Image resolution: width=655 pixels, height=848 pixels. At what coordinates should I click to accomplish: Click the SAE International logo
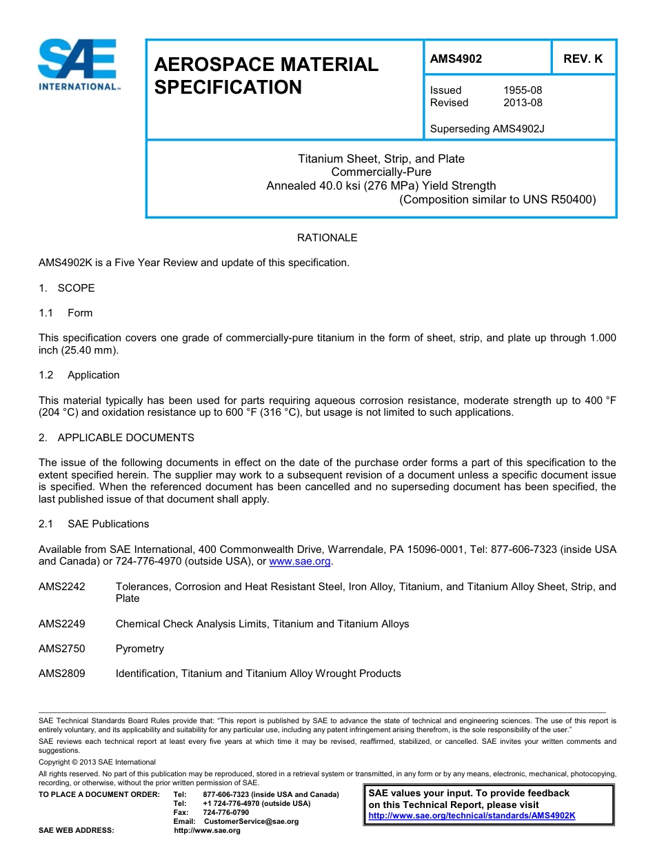79,65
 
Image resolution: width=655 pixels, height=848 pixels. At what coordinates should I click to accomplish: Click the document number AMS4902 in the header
456,59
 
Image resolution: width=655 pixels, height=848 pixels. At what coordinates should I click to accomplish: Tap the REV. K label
583,59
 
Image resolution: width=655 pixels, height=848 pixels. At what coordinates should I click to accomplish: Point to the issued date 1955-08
523,90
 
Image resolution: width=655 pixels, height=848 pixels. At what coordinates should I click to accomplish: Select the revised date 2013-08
523,103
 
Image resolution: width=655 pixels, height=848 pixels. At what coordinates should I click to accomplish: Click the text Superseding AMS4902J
487,128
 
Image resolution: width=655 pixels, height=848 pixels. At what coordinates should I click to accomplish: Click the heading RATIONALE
327,238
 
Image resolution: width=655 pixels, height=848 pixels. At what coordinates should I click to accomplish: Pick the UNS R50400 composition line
497,200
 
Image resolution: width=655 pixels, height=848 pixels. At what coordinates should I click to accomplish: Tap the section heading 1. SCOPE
67,288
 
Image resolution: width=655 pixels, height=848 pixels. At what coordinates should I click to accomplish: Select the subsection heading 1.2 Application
79,375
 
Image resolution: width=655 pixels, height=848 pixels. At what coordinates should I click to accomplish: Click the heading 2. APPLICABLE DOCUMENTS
117,438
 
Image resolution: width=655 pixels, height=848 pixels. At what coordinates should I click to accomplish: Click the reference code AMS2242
62,587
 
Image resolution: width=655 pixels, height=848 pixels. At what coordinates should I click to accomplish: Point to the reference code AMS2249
62,624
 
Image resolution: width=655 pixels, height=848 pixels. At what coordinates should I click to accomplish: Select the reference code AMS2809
62,674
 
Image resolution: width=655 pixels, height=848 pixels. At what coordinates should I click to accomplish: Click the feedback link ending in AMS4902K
472,816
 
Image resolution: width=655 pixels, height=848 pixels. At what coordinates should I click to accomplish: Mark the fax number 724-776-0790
225,812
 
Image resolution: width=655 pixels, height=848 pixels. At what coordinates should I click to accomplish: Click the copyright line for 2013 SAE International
97,762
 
